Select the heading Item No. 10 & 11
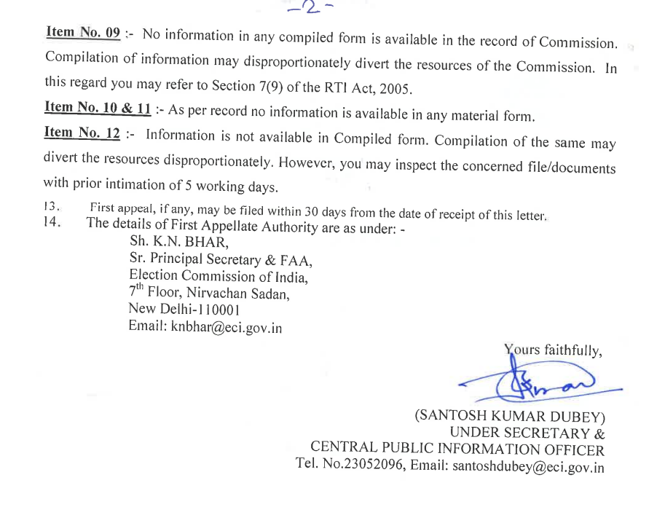pos(98,108)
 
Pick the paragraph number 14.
pos(52,222)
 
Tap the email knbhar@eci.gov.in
pos(205,327)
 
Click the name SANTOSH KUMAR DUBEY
pos(511,417)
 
